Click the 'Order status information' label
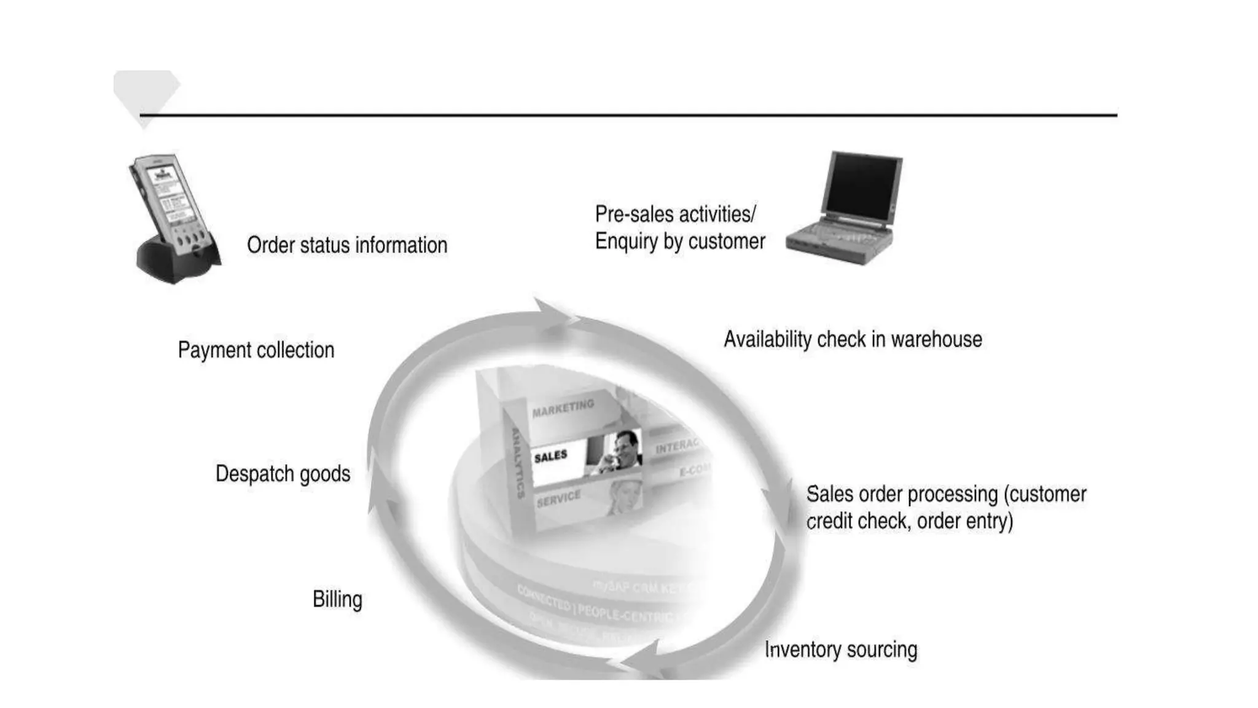(x=347, y=245)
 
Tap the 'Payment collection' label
(x=256, y=350)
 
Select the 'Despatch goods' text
(x=283, y=474)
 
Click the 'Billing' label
(x=337, y=599)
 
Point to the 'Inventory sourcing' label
(x=841, y=650)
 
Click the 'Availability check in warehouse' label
(x=853, y=339)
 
